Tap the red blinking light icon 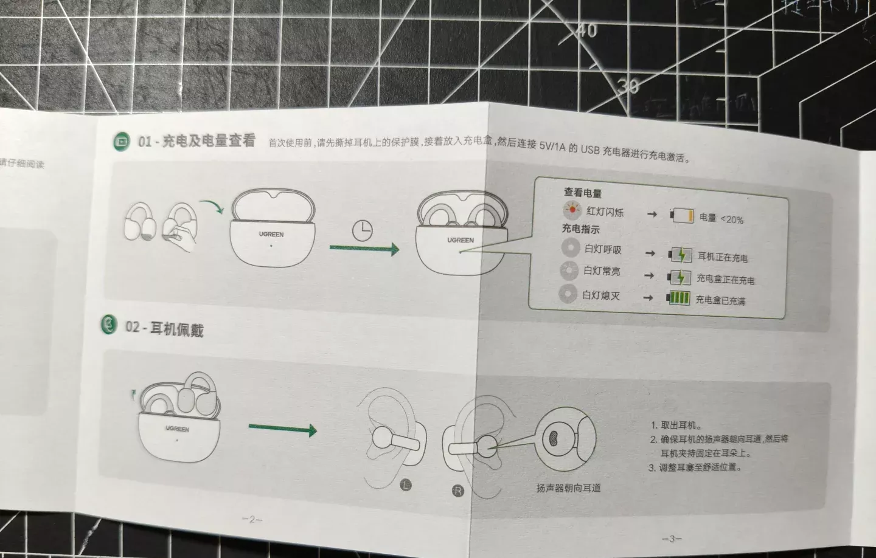(x=572, y=212)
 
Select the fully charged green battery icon (x=679, y=298)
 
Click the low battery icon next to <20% (x=682, y=215)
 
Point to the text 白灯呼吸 (x=603, y=249)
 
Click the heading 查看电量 (x=582, y=193)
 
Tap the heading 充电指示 (x=580, y=229)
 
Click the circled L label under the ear (x=406, y=484)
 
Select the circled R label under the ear (x=458, y=490)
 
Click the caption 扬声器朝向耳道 (x=568, y=487)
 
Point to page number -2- (x=252, y=519)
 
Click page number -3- (x=671, y=539)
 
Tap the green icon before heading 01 (x=122, y=142)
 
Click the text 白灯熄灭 (x=601, y=295)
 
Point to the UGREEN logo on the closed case (x=271, y=234)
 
